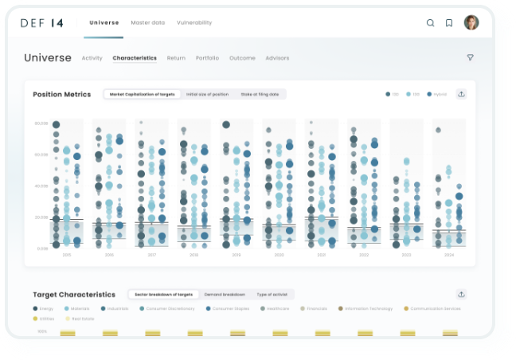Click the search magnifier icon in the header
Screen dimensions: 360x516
click(430, 23)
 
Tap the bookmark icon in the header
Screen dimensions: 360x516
click(449, 23)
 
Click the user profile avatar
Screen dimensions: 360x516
click(471, 22)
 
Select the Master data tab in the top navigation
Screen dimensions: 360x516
click(147, 22)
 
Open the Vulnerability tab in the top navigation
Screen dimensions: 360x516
click(194, 22)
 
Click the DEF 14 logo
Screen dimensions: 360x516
click(41, 23)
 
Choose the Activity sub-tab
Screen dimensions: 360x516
click(92, 58)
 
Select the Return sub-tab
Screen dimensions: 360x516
click(176, 58)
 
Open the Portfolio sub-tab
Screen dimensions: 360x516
click(207, 58)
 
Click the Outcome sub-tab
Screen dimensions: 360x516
click(242, 58)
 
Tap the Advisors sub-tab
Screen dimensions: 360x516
click(277, 58)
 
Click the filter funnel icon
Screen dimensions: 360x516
click(470, 57)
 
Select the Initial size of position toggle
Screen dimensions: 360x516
click(206, 94)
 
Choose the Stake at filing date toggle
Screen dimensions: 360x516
click(260, 94)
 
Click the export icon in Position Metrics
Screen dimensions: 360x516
click(461, 94)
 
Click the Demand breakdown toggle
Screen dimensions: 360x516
click(224, 295)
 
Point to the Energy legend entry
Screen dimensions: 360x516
click(44, 308)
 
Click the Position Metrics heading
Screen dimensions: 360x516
click(61, 94)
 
